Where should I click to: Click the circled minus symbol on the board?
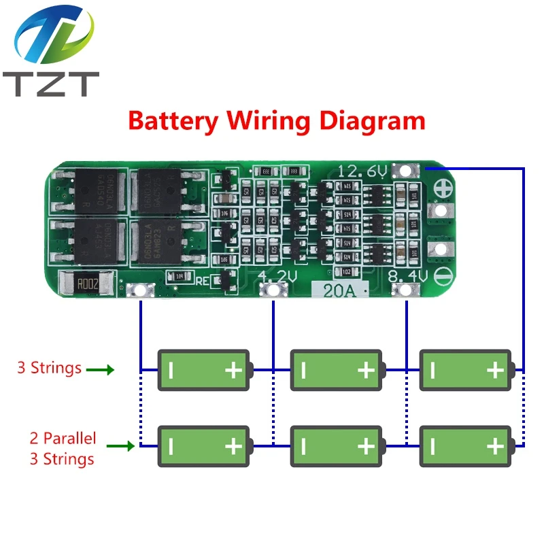pos(441,276)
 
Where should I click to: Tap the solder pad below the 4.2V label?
pos(274,291)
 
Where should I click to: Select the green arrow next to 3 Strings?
pos(100,370)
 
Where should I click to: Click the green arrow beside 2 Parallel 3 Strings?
pos(120,447)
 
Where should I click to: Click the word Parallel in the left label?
pos(71,438)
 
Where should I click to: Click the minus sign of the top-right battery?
pos(433,370)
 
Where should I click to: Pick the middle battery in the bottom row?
pos(337,446)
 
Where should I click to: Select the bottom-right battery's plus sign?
pos(495,446)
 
